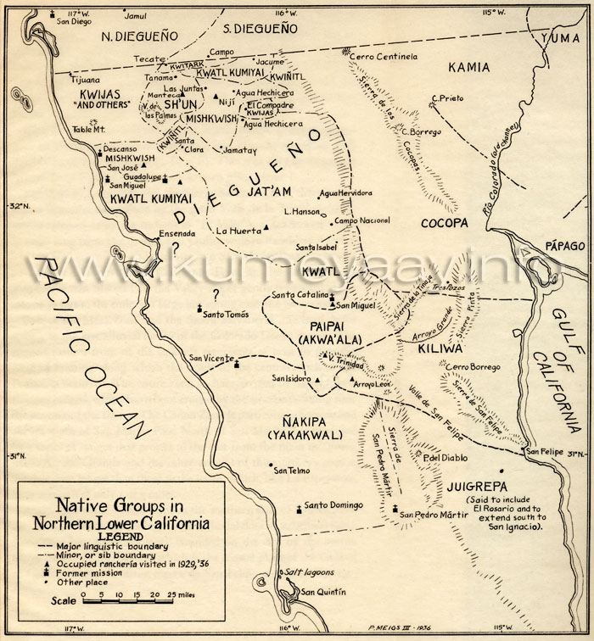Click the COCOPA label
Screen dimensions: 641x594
pyautogui.click(x=443, y=222)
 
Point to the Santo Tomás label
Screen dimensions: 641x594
pyautogui.click(x=227, y=314)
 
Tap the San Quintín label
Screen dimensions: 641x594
pyautogui.click(x=326, y=592)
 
